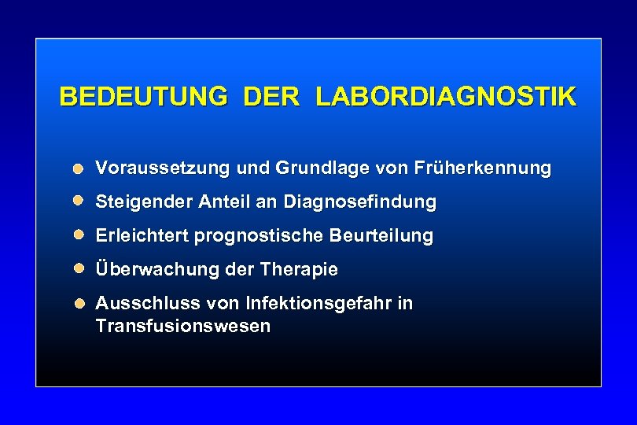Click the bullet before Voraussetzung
79,168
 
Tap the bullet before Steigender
79,201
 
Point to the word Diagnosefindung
359,202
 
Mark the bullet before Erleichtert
79,235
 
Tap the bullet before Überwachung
79,268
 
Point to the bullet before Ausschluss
79,303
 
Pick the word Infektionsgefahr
319,303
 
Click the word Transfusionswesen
182,326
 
